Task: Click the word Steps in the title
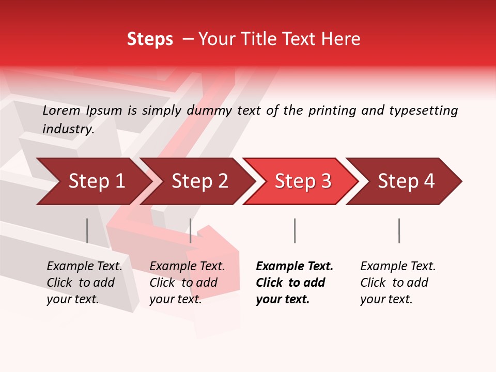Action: point(150,39)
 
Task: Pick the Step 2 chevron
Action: point(199,181)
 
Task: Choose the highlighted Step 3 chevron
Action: point(303,181)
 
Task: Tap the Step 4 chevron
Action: point(406,181)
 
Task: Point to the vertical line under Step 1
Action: point(87,230)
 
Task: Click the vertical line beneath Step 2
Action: point(191,230)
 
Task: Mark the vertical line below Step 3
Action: point(295,230)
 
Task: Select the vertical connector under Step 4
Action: point(399,230)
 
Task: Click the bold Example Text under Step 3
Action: point(295,267)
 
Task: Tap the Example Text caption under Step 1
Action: point(85,267)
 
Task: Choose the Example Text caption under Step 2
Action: point(187,267)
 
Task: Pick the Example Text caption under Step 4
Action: point(398,267)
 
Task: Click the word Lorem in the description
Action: point(61,111)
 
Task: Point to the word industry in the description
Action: point(68,129)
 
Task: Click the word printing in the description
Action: point(332,111)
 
